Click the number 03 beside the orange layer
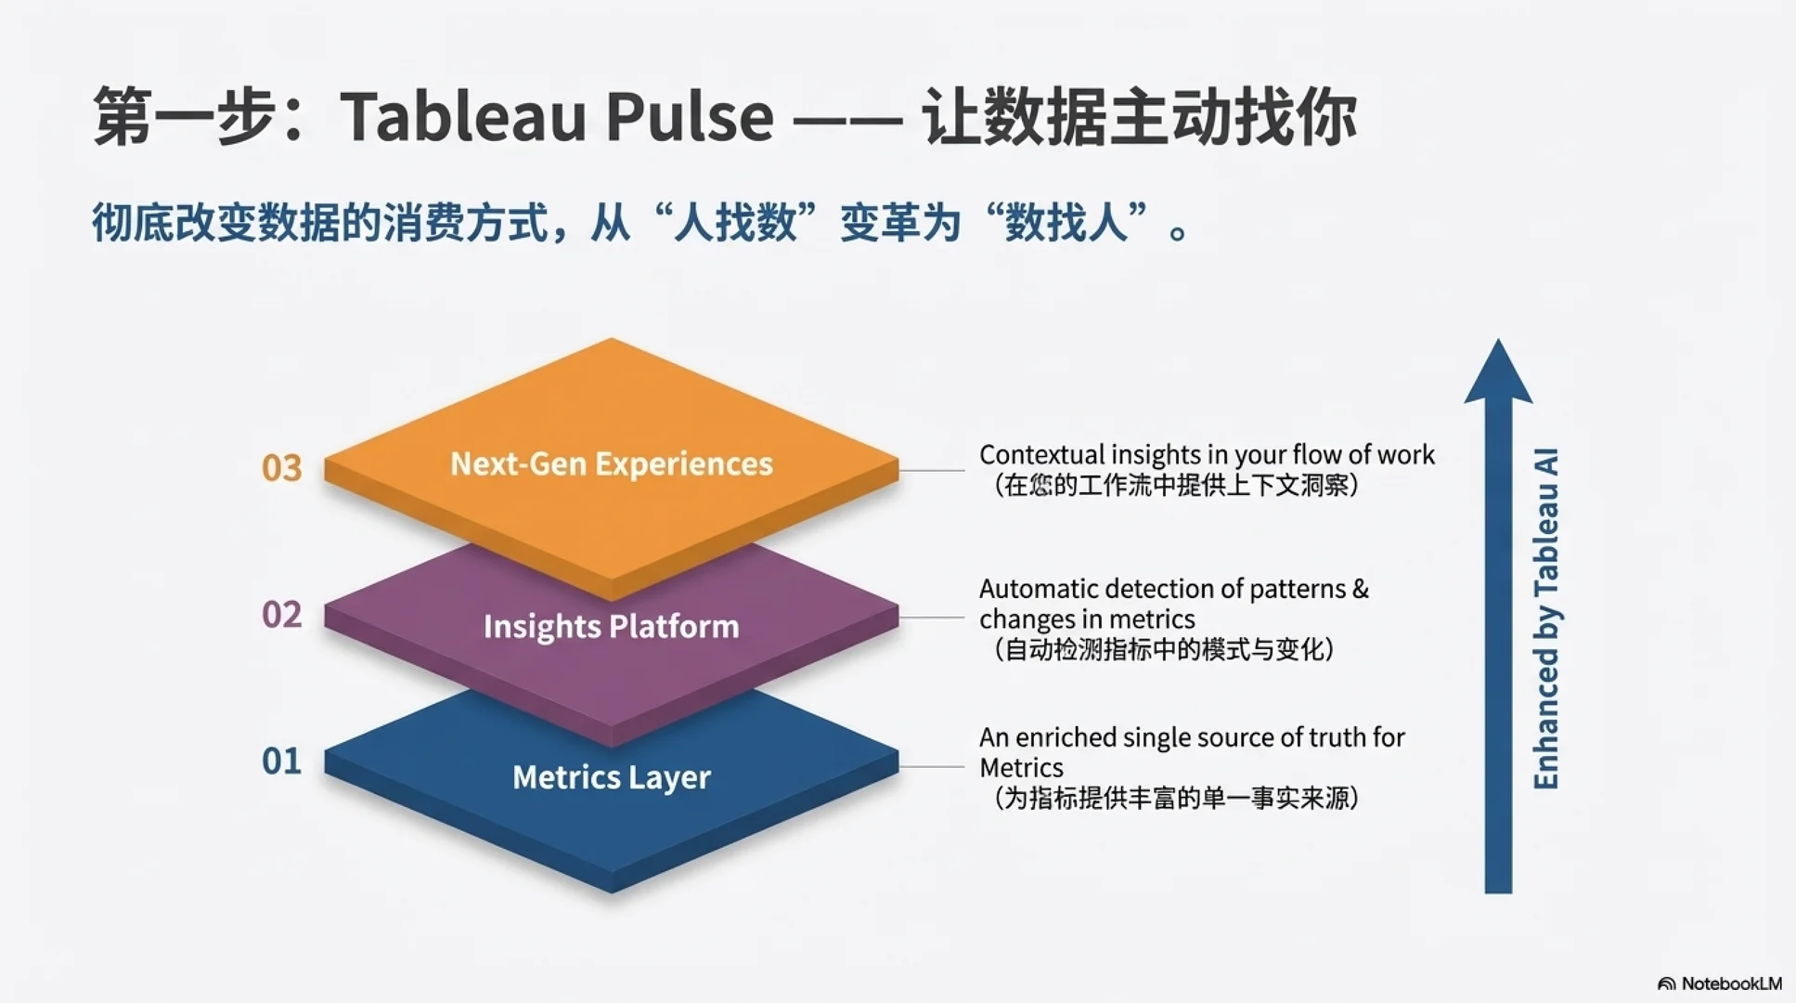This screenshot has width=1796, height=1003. (281, 468)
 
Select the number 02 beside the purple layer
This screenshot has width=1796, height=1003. (281, 615)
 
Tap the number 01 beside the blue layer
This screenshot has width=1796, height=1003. (281, 762)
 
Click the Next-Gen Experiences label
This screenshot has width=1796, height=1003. (611, 463)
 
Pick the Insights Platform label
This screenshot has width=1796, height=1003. (611, 627)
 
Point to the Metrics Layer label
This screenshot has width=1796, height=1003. (611, 777)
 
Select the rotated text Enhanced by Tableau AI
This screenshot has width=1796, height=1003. (1545, 619)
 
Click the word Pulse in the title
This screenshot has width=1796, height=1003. (690, 118)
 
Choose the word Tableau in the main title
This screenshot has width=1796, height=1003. (462, 118)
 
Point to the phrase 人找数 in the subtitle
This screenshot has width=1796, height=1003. (735, 224)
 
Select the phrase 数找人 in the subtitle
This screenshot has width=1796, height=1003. (1066, 224)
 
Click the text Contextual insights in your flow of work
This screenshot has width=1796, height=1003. (1206, 455)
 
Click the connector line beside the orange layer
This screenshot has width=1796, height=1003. (932, 471)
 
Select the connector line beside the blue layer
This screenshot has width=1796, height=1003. (932, 767)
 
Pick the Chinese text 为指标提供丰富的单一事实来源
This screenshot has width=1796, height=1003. (1176, 798)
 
